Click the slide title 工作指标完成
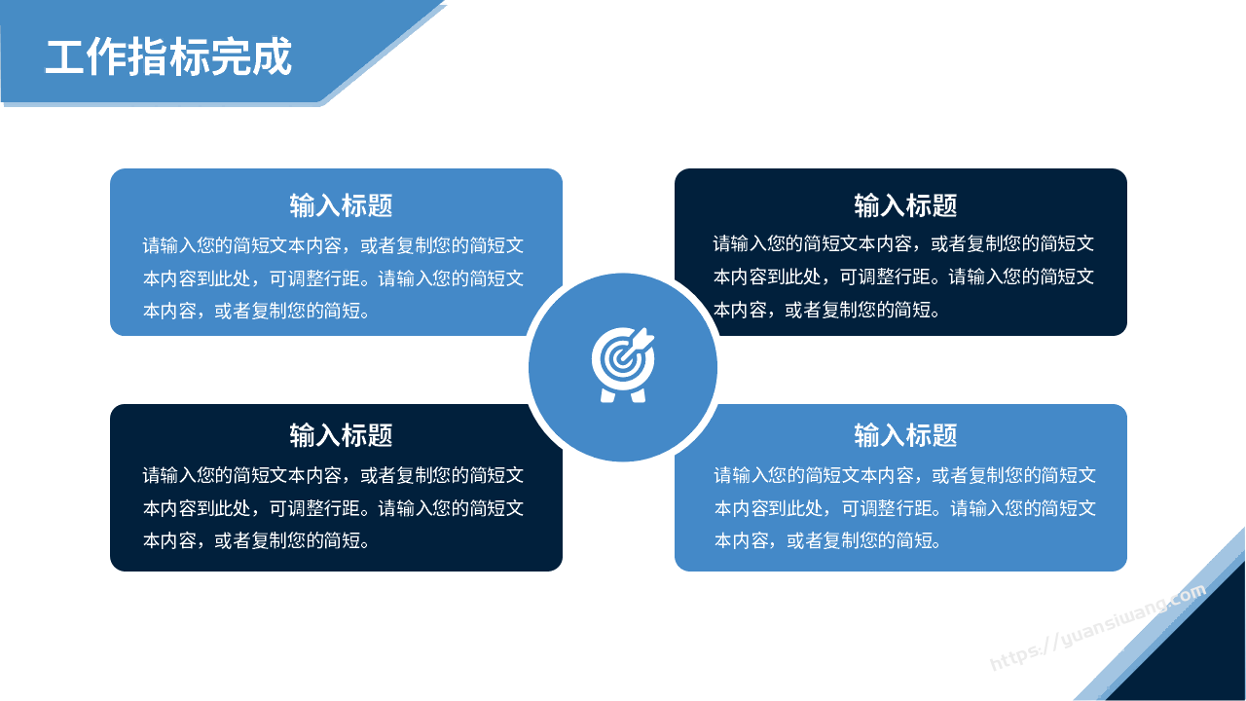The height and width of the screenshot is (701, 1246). click(x=168, y=56)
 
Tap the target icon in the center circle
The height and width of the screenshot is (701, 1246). click(x=623, y=364)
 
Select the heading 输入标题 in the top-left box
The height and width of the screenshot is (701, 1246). click(x=341, y=205)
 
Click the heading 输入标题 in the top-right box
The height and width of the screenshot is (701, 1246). click(x=905, y=205)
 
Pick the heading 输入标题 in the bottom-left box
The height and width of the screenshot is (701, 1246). click(x=341, y=435)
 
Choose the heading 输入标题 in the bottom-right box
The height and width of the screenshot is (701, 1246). click(x=905, y=435)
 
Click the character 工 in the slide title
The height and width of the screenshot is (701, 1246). click(x=64, y=56)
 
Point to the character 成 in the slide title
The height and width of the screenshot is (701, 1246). click(x=272, y=56)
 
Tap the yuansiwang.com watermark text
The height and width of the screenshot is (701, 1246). click(x=1099, y=628)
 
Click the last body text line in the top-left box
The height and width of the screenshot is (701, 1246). click(x=256, y=311)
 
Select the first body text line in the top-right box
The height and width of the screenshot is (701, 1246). click(x=904, y=243)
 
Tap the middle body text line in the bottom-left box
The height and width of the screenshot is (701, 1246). click(x=333, y=508)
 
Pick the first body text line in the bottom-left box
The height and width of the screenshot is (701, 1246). click(x=333, y=475)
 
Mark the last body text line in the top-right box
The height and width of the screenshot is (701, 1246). click(x=826, y=310)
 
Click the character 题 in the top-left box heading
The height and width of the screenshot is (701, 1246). click(x=381, y=205)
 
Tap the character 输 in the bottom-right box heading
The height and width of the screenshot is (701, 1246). click(x=866, y=435)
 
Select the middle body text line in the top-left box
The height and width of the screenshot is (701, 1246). click(x=333, y=278)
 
